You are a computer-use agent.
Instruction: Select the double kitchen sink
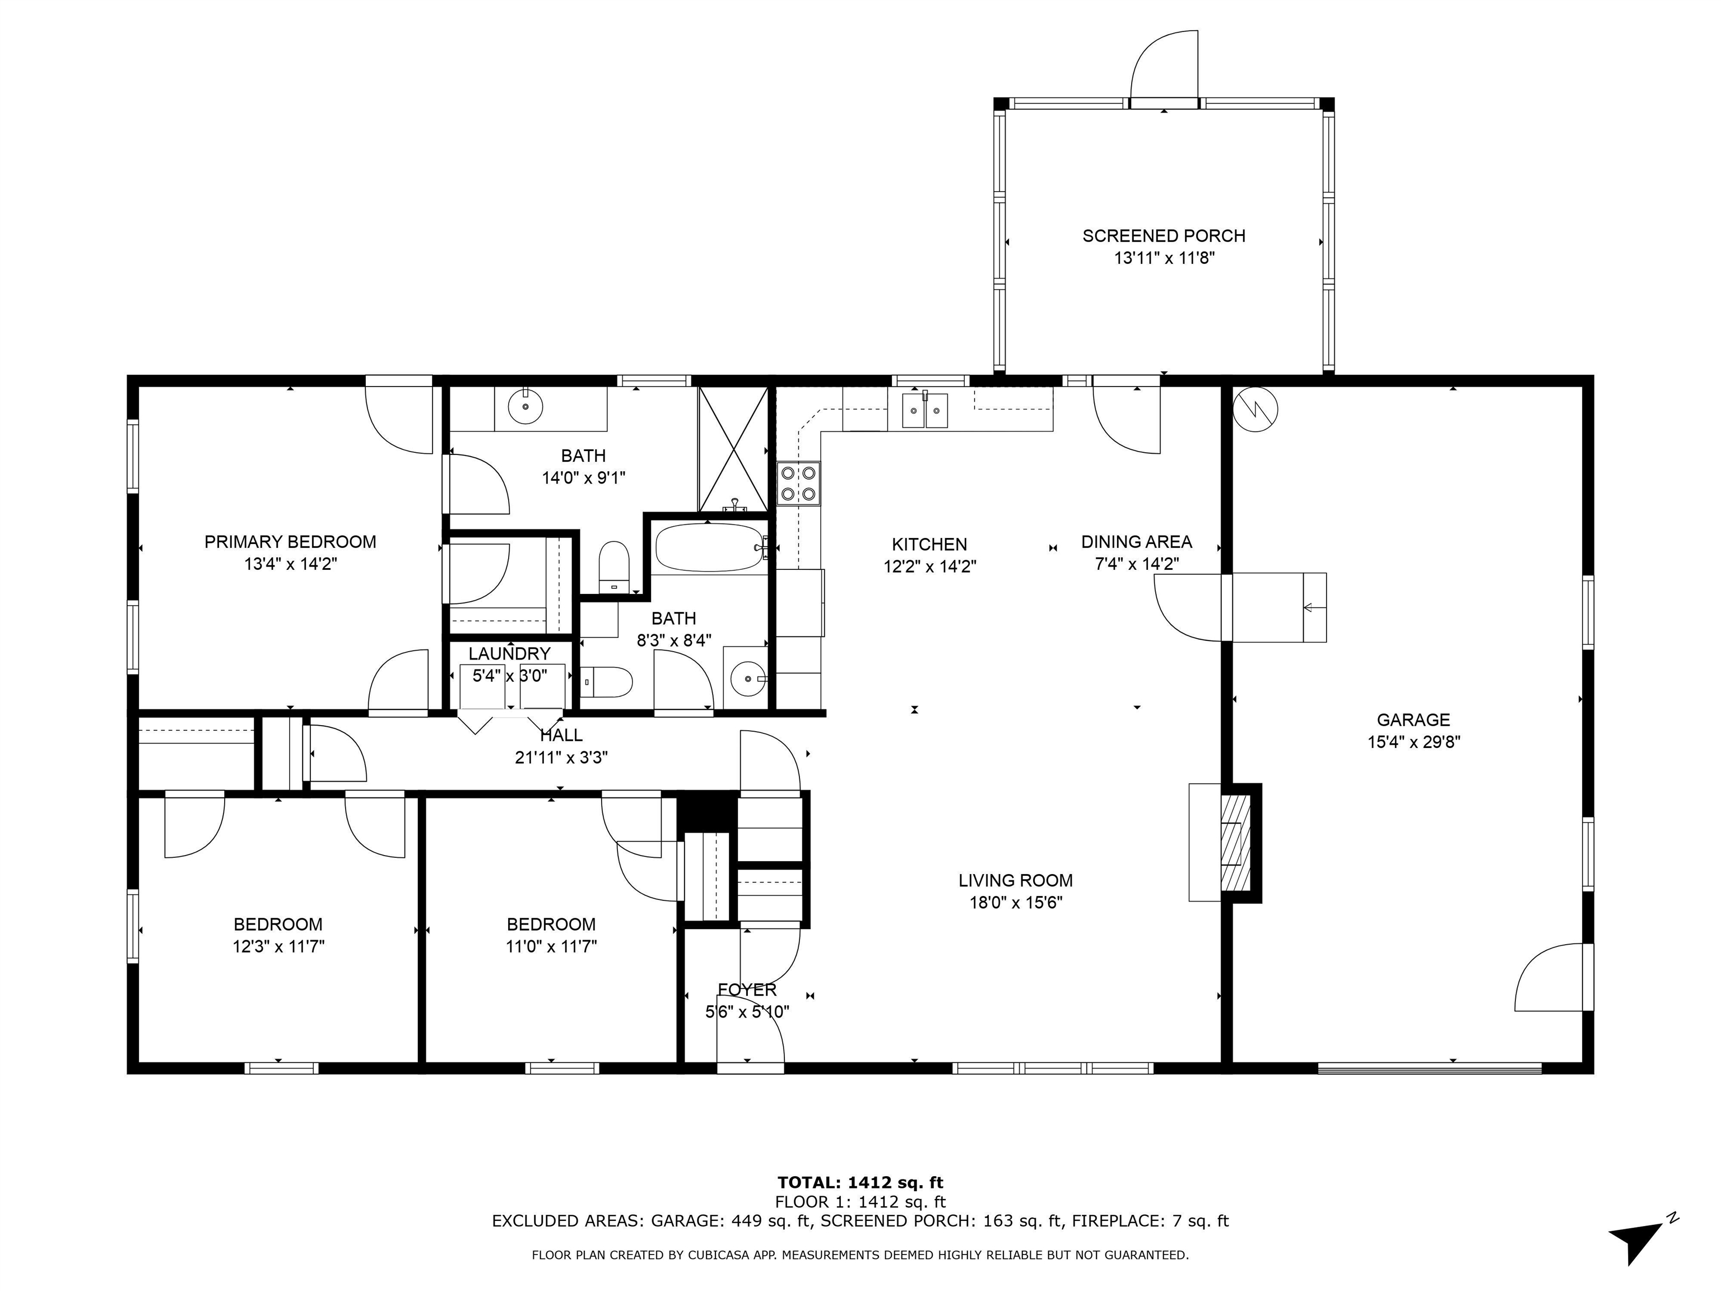924,410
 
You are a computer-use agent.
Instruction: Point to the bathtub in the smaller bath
710,547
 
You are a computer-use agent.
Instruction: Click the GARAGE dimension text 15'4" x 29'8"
1413,742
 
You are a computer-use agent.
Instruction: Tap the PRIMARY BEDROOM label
290,542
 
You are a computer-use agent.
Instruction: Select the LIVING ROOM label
1015,880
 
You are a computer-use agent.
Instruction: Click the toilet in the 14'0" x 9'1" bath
614,566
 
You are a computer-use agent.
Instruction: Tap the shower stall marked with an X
733,449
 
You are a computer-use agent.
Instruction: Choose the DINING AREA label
1136,542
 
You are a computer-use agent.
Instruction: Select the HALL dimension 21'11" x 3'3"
561,757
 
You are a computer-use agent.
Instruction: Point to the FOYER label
747,990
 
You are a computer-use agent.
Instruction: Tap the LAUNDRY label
510,654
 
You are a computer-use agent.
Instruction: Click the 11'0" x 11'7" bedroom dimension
551,947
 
